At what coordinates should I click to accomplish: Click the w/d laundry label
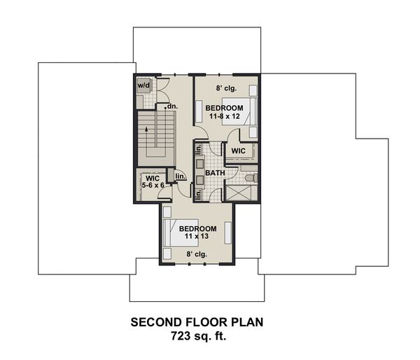click(x=143, y=85)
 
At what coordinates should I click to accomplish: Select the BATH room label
click(x=214, y=172)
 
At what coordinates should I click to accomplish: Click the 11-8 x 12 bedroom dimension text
click(x=224, y=116)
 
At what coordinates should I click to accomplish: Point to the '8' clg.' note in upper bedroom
click(x=224, y=89)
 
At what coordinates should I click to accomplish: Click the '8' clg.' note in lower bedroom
click(x=197, y=256)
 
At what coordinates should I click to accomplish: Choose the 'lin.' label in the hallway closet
click(x=180, y=176)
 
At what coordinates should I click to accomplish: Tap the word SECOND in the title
click(x=158, y=323)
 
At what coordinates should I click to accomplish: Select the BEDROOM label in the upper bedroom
click(x=224, y=107)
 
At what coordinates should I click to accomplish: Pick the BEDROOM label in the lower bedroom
click(x=197, y=229)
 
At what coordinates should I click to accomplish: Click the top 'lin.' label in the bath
click(x=199, y=150)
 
